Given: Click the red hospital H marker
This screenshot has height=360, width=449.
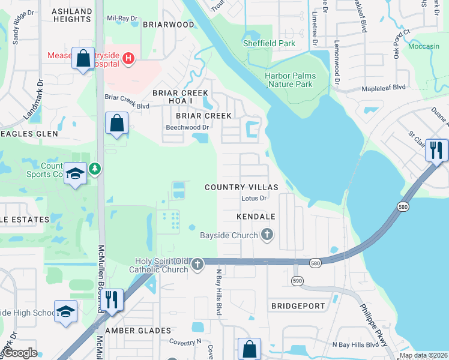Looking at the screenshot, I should [x=127, y=58].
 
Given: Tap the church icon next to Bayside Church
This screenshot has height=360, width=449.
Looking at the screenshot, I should [x=267, y=235].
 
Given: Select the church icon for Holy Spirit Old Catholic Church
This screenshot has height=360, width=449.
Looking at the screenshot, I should [x=197, y=263].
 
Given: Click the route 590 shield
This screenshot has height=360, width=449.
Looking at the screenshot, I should [x=297, y=281].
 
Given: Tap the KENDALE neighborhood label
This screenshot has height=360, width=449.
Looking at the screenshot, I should [x=256, y=217].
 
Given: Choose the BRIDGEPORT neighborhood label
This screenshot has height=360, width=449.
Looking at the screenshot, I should [x=298, y=306].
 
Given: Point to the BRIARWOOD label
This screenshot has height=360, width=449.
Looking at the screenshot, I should [x=169, y=25].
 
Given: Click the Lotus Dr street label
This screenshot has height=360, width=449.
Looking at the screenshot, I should [x=253, y=198].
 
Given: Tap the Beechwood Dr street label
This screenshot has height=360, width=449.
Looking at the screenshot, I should [x=187, y=127].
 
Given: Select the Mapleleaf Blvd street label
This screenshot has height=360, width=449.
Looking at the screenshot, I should [x=384, y=88].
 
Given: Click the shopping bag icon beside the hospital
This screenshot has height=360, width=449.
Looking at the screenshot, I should [x=83, y=59].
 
